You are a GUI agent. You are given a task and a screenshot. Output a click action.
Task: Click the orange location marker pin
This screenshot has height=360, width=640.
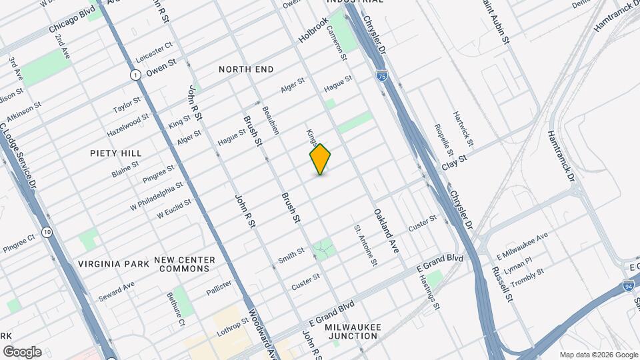pos(321,159)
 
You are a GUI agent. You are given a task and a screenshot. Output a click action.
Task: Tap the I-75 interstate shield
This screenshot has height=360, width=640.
pos(381,77)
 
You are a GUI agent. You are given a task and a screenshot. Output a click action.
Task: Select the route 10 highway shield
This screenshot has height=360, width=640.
pos(46,232)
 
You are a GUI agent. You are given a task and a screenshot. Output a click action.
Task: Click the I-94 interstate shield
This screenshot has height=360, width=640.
pos(629,286)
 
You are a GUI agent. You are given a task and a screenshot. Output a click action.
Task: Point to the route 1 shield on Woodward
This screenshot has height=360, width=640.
pos(135,75)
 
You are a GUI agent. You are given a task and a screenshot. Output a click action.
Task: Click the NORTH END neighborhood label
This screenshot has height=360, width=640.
pos(246,69)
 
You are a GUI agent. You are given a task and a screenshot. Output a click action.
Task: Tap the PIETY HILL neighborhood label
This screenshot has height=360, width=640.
pos(116,153)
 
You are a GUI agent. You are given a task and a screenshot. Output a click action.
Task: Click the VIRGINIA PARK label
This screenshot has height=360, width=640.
pos(113,264)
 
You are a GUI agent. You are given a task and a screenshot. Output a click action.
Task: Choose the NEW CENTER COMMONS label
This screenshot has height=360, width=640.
pos(185,264)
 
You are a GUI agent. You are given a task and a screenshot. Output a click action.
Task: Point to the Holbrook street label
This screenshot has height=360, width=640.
pos(313,31)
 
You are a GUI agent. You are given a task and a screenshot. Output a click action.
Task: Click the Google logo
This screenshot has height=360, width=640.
pos(22,352)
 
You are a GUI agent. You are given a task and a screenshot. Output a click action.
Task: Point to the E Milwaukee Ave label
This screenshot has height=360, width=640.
pos(523,242)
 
